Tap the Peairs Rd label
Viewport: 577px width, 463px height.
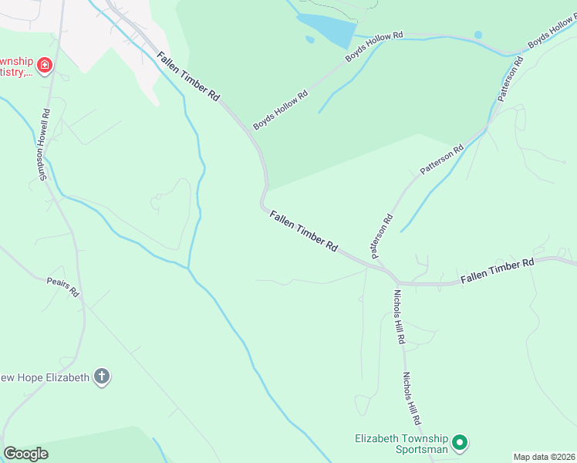tap(63, 288)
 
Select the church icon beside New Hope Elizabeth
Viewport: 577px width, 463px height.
tap(101, 377)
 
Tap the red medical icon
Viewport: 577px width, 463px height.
tap(45, 66)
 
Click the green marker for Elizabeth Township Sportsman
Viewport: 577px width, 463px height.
tap(460, 443)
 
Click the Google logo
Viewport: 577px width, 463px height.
tap(25, 454)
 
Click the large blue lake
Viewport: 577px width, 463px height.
tap(327, 30)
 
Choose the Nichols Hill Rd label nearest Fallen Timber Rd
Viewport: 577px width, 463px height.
tap(399, 316)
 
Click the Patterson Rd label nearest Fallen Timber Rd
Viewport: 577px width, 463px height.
tap(381, 235)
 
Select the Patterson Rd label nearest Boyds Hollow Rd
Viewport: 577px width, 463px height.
tap(511, 79)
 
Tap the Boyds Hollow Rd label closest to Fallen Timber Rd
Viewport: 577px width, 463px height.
tap(281, 110)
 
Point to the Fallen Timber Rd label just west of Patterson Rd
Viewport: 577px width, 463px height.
tap(304, 231)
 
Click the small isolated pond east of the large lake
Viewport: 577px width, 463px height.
tap(478, 35)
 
